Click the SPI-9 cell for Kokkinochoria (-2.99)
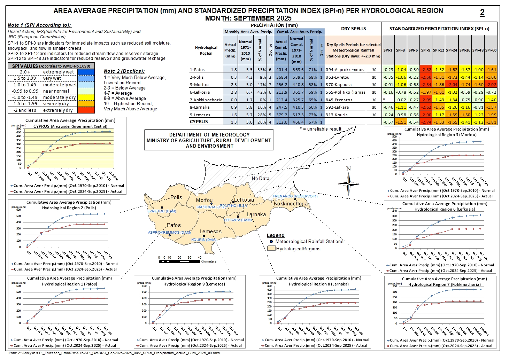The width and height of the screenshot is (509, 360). coord(425,100)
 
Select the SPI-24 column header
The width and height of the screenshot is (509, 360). coord(452,50)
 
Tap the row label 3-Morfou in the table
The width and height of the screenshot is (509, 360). coord(200,85)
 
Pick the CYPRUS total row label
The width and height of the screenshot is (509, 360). coord(199,122)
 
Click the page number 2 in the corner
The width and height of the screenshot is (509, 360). coord(482,13)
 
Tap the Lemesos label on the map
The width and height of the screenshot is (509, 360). coord(210,232)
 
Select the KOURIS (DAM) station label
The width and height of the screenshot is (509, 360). coord(204,240)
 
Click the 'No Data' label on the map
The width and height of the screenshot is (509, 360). coord(261,178)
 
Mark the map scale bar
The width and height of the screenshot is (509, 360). coord(179,261)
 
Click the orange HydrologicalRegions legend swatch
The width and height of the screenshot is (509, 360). coord(271,249)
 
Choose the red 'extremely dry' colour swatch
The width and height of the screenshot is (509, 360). coord(86,110)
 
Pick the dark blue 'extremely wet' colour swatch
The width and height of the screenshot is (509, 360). coord(86,72)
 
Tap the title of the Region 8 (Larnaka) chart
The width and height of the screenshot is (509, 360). coord(318,281)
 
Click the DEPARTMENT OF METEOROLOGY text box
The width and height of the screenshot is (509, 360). coord(209,140)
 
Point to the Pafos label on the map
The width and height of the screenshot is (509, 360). coord(174,225)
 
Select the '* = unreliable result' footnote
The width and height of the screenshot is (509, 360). coord(321,129)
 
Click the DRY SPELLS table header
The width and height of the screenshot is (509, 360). coord(353,29)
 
